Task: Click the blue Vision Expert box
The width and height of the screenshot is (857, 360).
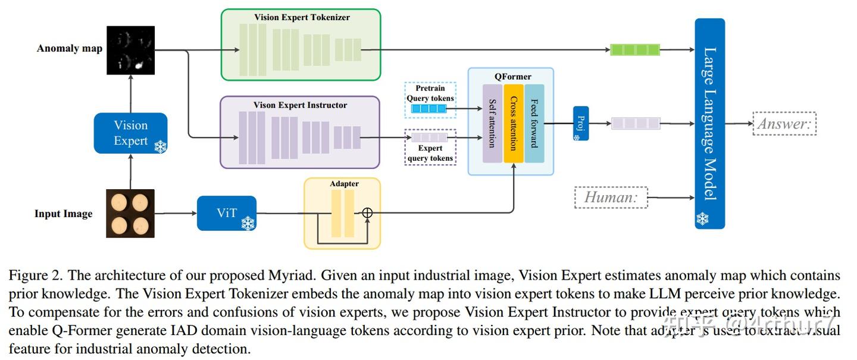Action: click(130, 133)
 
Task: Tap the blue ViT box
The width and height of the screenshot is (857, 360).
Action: click(226, 213)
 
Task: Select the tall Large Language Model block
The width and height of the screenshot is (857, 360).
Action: click(709, 124)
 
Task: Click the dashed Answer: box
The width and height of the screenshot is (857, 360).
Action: click(784, 124)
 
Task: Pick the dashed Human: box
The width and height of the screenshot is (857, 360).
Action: click(611, 198)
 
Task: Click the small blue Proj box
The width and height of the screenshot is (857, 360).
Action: click(580, 123)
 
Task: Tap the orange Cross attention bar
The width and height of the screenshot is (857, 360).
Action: click(513, 123)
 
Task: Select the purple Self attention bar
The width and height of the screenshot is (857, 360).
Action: click(492, 123)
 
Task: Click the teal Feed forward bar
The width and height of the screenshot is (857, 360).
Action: click(534, 123)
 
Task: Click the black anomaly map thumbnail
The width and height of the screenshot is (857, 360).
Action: click(130, 50)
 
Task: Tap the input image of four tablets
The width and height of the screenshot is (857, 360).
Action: click(130, 213)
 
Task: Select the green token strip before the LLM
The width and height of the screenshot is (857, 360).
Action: click(635, 50)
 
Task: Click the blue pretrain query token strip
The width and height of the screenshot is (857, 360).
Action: click(429, 108)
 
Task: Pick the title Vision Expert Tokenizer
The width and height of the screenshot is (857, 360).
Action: click(302, 17)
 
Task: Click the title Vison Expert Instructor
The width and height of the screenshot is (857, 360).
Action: click(301, 105)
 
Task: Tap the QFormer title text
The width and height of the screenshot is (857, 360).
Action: click(512, 77)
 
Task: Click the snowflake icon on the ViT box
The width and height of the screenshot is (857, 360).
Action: click(248, 223)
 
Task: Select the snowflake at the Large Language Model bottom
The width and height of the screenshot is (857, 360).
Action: click(703, 219)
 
